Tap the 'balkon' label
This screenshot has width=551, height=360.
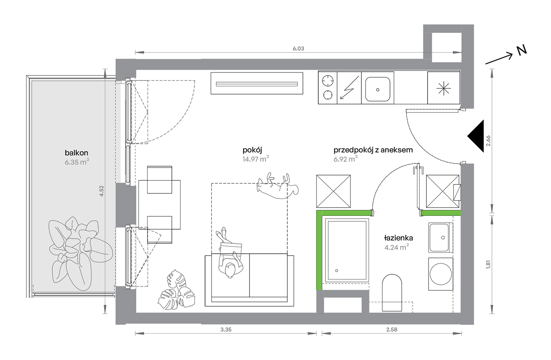(x=76, y=153)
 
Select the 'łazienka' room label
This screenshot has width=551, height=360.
(x=398, y=238)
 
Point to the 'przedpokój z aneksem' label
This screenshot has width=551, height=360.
(x=373, y=150)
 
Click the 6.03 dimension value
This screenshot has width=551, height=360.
(x=298, y=48)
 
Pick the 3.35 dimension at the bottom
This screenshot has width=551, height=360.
(x=226, y=330)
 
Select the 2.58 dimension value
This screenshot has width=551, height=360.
(x=391, y=330)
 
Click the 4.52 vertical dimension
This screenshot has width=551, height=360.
(x=101, y=191)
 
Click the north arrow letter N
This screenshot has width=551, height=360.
(x=521, y=51)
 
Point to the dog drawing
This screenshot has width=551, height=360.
(x=278, y=186)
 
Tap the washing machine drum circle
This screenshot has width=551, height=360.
(x=441, y=274)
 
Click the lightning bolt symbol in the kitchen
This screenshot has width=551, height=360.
(x=349, y=88)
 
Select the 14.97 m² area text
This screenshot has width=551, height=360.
(x=256, y=159)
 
